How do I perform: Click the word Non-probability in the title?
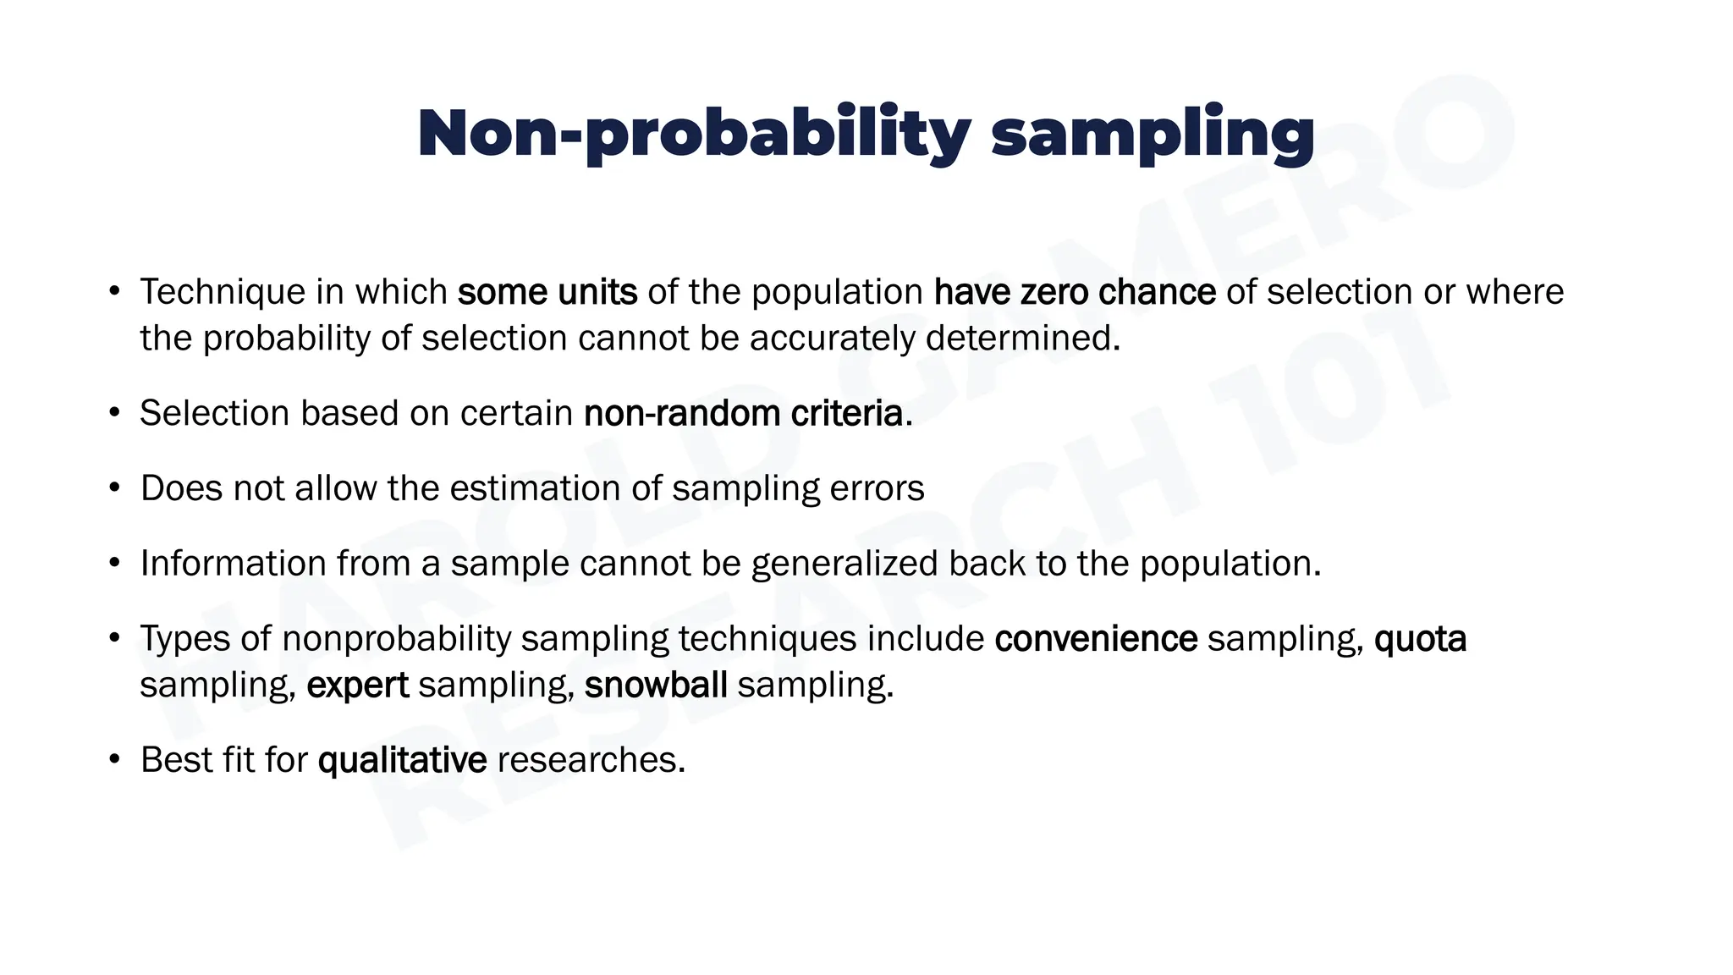(694, 134)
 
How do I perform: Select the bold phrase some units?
(547, 292)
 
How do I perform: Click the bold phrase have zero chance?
(1075, 292)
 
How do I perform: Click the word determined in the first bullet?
(1021, 339)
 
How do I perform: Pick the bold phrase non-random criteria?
(744, 414)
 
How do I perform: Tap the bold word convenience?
(1096, 639)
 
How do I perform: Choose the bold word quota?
(1420, 639)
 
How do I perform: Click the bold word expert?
(357, 686)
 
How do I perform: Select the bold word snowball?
(655, 686)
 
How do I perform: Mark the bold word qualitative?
(402, 760)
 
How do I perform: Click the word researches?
(591, 760)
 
